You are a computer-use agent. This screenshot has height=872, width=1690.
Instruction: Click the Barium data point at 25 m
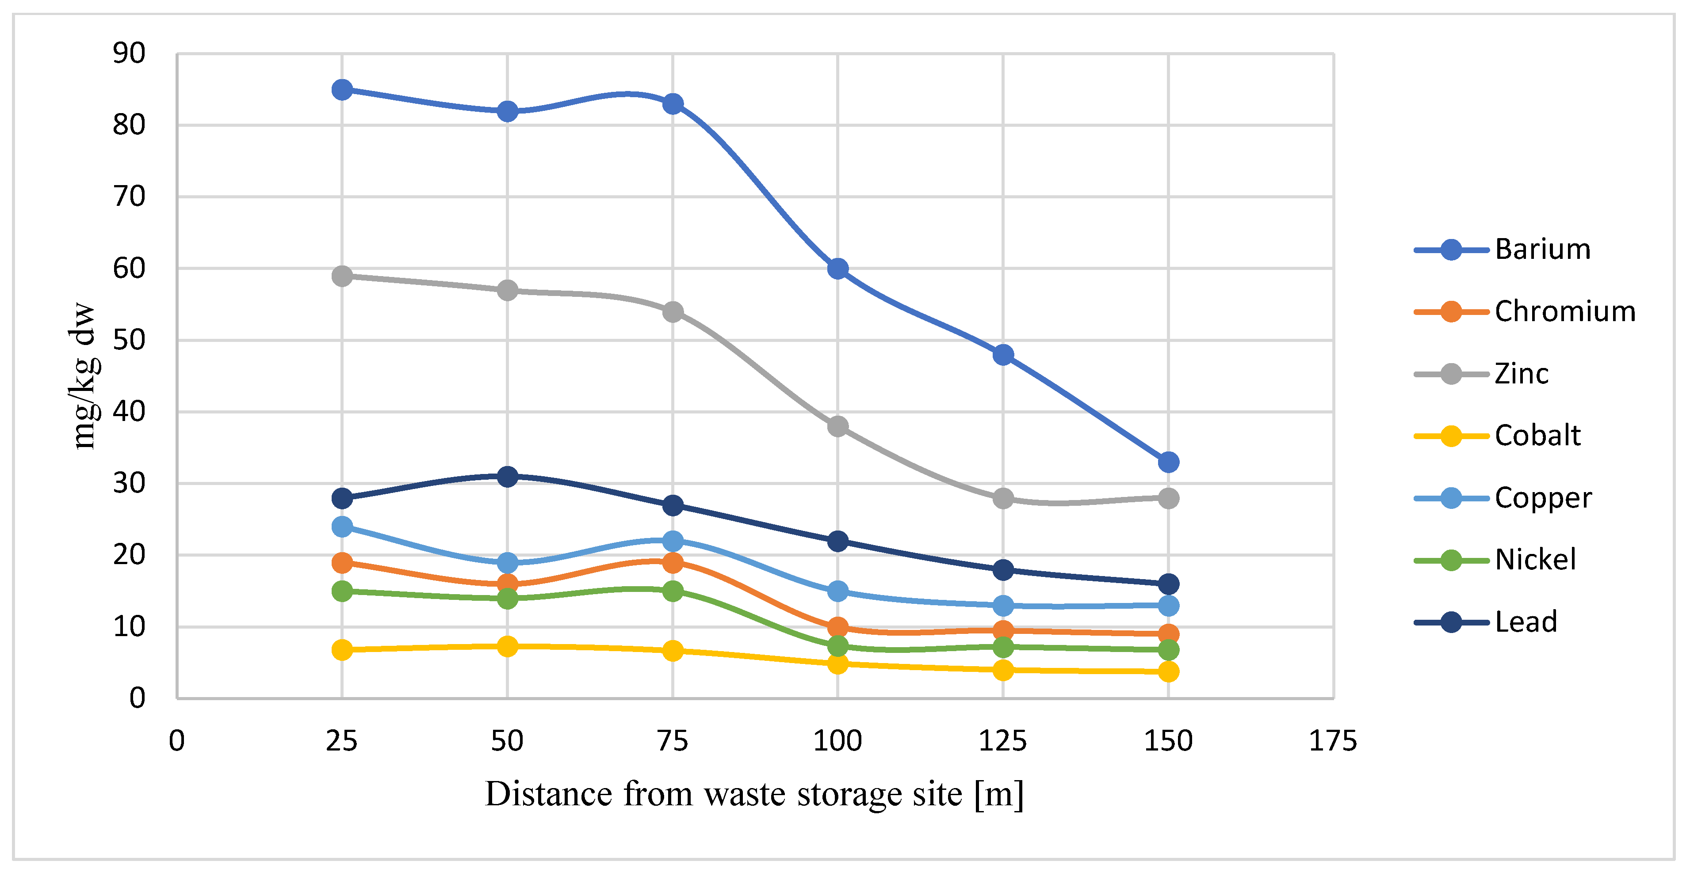point(342,89)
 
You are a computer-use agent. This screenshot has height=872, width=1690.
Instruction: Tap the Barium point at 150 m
point(1168,462)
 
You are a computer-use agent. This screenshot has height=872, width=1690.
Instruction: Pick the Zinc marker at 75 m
point(673,311)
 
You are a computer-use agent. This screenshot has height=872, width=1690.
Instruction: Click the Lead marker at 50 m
point(507,476)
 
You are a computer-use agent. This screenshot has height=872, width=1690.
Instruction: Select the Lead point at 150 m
point(1168,584)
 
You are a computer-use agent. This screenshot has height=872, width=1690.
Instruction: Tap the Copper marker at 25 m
point(342,527)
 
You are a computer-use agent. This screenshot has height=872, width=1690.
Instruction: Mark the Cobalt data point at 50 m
point(507,646)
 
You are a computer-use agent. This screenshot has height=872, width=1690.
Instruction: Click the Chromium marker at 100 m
point(838,627)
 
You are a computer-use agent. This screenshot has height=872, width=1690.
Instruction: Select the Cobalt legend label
point(1537,436)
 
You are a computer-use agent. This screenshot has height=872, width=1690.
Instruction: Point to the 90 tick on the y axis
point(129,54)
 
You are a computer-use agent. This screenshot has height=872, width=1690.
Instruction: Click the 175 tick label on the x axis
point(1332,741)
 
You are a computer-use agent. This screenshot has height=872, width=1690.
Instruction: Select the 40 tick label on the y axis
point(129,412)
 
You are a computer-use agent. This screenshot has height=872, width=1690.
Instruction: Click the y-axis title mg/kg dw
point(84,375)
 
